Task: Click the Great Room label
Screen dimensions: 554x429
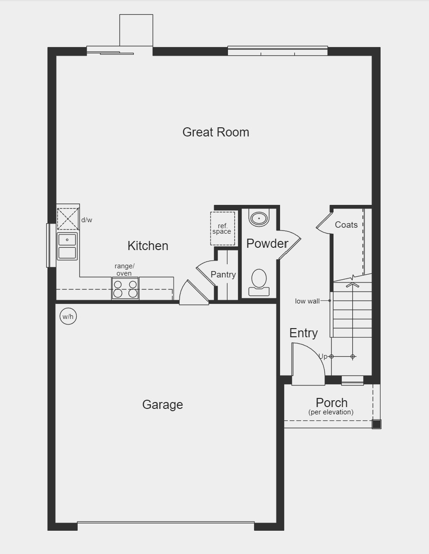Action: [216, 132]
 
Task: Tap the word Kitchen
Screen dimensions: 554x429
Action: [148, 246]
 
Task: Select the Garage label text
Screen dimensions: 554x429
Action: [162, 405]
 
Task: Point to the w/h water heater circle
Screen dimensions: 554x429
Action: [68, 316]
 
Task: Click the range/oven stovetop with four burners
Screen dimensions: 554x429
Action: [125, 288]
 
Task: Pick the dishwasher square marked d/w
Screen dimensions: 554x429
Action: [68, 219]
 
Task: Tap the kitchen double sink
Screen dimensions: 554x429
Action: [67, 246]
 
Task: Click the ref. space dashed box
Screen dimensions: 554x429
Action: [222, 229]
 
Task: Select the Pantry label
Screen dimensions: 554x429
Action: [223, 275]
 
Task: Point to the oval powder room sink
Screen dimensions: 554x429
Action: [259, 218]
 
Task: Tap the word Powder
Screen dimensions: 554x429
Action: [267, 244]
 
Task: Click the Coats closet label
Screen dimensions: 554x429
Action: [346, 225]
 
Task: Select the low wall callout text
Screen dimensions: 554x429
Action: [307, 301]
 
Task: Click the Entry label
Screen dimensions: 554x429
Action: [303, 333]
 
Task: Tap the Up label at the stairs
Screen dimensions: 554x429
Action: [323, 356]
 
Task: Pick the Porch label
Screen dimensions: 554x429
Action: [332, 403]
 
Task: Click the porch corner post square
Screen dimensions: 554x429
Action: [376, 424]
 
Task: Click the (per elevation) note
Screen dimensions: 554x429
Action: [331, 412]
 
